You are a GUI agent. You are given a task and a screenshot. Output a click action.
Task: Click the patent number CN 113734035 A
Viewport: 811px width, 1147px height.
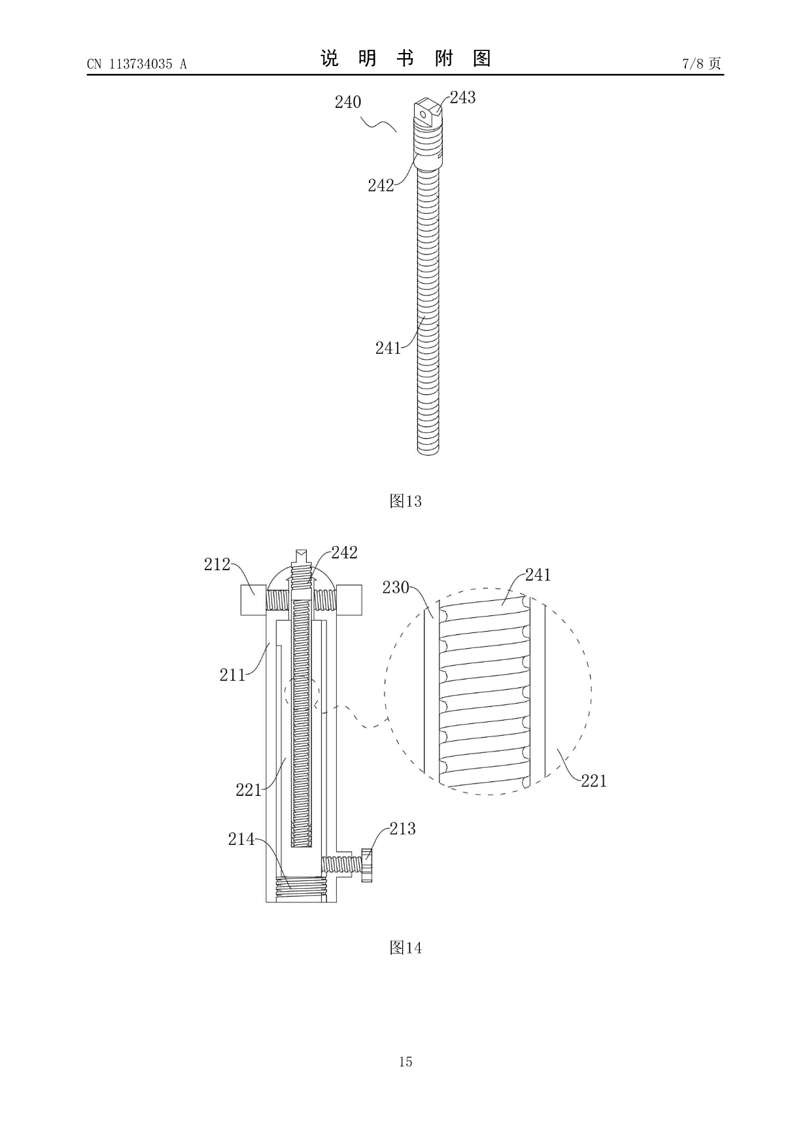[x=137, y=64]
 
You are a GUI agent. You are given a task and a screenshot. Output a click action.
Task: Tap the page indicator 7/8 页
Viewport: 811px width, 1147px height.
[x=702, y=63]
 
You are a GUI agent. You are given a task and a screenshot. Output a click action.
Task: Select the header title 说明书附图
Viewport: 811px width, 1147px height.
[x=405, y=59]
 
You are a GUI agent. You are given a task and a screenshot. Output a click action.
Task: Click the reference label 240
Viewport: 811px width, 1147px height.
[x=348, y=102]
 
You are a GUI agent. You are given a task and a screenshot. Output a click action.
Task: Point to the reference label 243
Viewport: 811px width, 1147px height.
[x=462, y=97]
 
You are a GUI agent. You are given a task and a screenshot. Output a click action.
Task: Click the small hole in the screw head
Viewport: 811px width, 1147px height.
[x=424, y=114]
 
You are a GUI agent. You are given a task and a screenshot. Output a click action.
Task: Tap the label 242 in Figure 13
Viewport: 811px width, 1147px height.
[x=381, y=186]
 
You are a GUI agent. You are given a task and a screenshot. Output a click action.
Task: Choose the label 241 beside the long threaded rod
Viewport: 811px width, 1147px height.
[x=388, y=349]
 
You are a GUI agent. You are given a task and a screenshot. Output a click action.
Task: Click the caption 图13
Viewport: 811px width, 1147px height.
[x=405, y=502]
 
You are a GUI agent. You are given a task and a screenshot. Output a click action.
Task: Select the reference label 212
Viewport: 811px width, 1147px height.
[x=217, y=564]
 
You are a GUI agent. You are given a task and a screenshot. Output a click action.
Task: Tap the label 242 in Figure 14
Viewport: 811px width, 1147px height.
[x=344, y=553]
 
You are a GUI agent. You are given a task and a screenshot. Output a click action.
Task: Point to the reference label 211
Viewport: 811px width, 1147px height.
[x=232, y=675]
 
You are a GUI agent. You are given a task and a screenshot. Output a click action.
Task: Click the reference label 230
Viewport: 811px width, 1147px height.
[x=396, y=587]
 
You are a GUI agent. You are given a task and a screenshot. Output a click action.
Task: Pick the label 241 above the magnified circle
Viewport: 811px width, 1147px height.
[x=538, y=575]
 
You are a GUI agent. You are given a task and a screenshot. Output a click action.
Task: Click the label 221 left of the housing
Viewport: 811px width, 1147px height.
[x=249, y=790]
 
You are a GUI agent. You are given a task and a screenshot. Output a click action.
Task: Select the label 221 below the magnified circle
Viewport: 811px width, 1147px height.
[x=594, y=781]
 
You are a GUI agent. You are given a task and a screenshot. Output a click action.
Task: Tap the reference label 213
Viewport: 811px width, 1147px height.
[x=402, y=829]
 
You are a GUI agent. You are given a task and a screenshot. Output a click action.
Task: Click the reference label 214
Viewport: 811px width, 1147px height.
[x=241, y=839]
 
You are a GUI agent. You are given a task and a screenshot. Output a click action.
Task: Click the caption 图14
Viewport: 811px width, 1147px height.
[x=405, y=948]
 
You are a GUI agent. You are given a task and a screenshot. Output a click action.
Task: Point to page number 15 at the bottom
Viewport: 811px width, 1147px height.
[x=405, y=1061]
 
